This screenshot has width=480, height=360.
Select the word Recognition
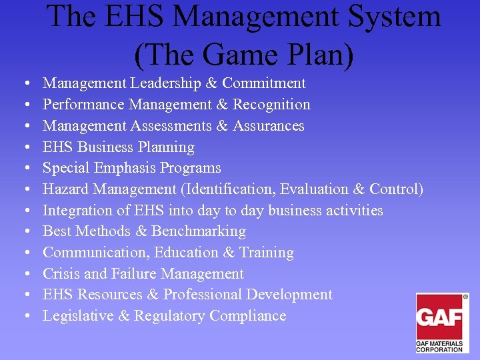click(271, 105)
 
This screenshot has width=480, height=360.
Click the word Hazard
click(63, 189)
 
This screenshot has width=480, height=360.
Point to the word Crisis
click(61, 274)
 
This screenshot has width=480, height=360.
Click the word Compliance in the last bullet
click(248, 316)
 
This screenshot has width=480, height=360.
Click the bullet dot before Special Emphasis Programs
click(25, 169)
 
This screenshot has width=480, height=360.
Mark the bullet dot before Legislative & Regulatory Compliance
click(25, 317)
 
